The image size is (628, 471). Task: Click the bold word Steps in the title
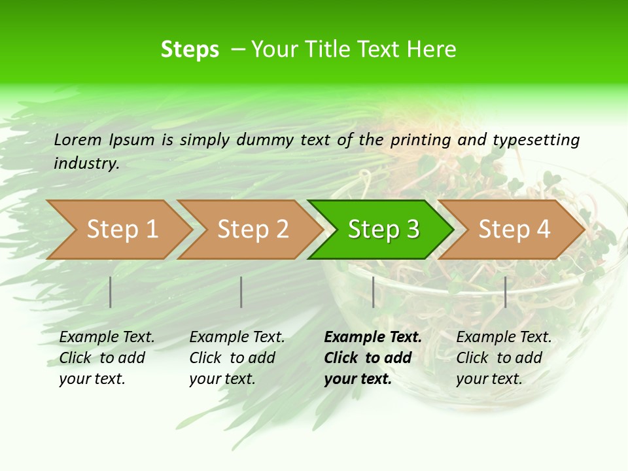point(190,50)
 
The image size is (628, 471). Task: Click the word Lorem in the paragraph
point(78,139)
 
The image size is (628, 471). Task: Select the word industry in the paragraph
point(86,164)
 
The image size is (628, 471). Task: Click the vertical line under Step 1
point(111,292)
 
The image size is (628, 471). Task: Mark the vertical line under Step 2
point(241,292)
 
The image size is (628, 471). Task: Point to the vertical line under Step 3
point(373,292)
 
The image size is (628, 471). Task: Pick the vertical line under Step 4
point(505,292)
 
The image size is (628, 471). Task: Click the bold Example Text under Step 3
point(373,338)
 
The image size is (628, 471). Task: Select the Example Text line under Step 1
point(107,338)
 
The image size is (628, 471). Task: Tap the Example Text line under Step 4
point(504,338)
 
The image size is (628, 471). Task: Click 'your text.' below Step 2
point(222,379)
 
